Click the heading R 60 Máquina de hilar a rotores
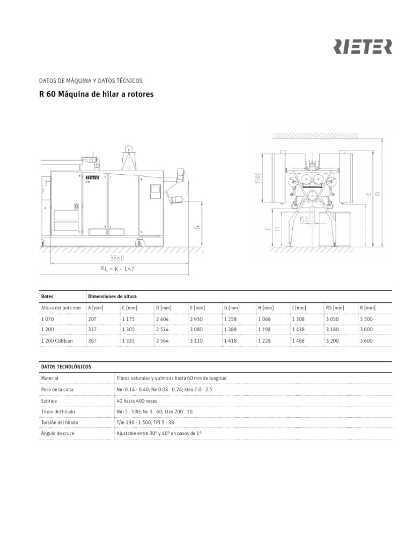pos(97,94)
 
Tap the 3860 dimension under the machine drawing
pos(117,258)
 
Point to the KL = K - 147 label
pos(118,269)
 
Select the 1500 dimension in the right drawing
pos(258,179)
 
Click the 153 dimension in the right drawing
pos(304,219)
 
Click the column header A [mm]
pos(95,308)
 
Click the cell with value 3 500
pos(367,319)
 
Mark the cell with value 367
pos(92,340)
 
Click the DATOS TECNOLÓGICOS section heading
pos(66,367)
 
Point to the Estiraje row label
pos(50,400)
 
